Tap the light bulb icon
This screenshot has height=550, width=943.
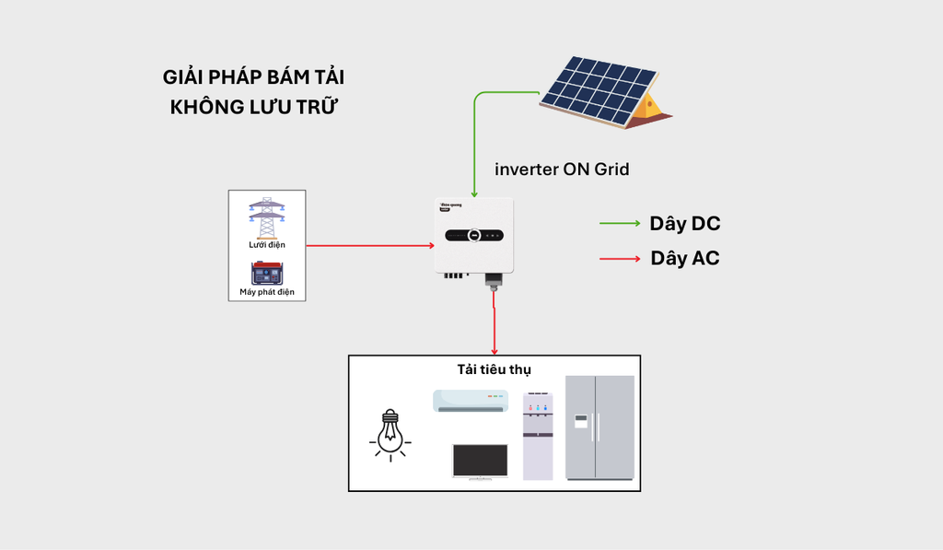[390, 432]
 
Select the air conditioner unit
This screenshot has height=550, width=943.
[471, 400]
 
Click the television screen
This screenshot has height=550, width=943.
[480, 461]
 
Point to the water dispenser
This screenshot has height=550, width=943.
[539, 436]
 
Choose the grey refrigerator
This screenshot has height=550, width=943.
[600, 427]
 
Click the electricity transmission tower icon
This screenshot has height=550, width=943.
[266, 217]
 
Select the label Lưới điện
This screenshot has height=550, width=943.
[267, 245]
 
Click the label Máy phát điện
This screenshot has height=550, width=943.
[267, 293]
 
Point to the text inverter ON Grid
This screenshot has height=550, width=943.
[562, 170]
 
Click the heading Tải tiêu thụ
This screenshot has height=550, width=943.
[495, 369]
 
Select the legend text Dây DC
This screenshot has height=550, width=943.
[684, 224]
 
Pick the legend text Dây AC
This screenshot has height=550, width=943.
[684, 258]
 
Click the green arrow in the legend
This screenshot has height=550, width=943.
[620, 224]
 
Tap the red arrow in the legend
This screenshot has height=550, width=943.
[620, 259]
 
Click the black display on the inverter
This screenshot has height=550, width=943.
[474, 235]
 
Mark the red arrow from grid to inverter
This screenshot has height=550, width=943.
[369, 246]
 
